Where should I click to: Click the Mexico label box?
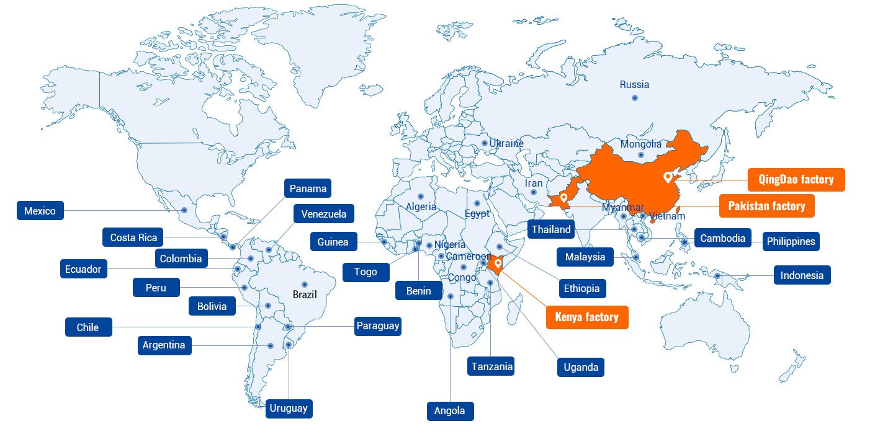pyautogui.click(x=40, y=211)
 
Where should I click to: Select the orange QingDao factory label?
pyautogui.click(x=796, y=180)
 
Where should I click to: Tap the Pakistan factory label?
pyautogui.click(x=766, y=206)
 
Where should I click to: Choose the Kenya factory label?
pyautogui.click(x=586, y=317)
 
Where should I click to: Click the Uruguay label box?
pyautogui.click(x=289, y=408)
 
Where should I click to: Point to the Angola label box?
pyautogui.click(x=450, y=410)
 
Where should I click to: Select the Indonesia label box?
pyautogui.click(x=802, y=275)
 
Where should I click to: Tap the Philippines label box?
pyautogui.click(x=791, y=241)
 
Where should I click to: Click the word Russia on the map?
pyautogui.click(x=634, y=84)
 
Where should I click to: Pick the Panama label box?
pyautogui.click(x=308, y=188)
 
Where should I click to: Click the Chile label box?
pyautogui.click(x=88, y=327)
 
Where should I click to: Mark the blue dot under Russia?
pyautogui.click(x=634, y=98)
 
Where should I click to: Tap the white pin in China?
pyautogui.click(x=668, y=177)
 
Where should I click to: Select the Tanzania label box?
pyautogui.click(x=491, y=366)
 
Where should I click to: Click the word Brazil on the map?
pyautogui.click(x=305, y=294)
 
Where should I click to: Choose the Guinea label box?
pyautogui.click(x=333, y=242)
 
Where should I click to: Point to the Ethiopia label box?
pyautogui.click(x=582, y=288)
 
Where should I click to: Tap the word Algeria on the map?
pyautogui.click(x=421, y=206)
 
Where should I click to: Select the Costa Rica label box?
pyautogui.click(x=133, y=237)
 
